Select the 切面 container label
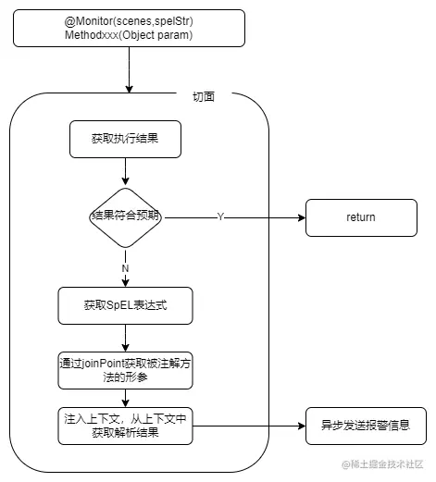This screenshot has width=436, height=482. pyautogui.click(x=203, y=95)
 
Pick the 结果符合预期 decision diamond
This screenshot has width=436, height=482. pyautogui.click(x=125, y=216)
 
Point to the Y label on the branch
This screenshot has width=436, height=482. pyautogui.click(x=220, y=216)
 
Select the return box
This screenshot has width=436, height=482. pyautogui.click(x=360, y=217)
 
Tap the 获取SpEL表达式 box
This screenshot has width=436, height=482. pyautogui.click(x=125, y=306)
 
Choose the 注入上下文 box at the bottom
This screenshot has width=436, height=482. pyautogui.click(x=125, y=426)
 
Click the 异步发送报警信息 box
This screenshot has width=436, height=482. pyautogui.click(x=366, y=426)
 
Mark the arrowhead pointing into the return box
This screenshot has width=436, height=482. pyautogui.click(x=301, y=217)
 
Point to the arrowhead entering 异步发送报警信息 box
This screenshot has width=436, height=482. pyautogui.click(x=301, y=426)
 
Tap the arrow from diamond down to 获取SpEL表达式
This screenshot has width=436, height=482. pyautogui.click(x=125, y=278)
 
